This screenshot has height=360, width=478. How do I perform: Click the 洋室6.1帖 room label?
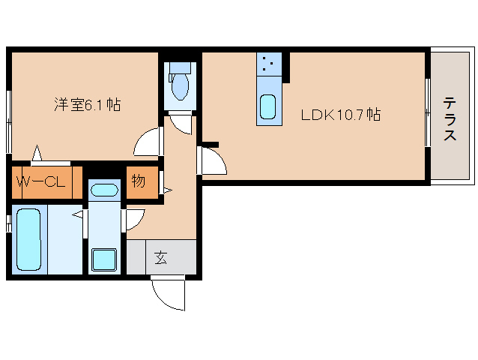[x=88, y=105]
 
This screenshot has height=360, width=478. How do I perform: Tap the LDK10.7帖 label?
[x=340, y=115]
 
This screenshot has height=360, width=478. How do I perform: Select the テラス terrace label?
[x=450, y=118]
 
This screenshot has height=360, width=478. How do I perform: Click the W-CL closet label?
[x=41, y=182]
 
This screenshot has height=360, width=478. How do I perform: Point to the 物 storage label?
[x=139, y=181]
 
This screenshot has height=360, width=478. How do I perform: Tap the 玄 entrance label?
[x=160, y=258]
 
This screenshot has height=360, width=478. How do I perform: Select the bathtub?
[x=29, y=239]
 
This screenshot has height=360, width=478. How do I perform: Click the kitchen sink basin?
[x=268, y=106]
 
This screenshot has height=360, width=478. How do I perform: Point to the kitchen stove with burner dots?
[x=269, y=64]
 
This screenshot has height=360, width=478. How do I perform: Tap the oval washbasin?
[x=105, y=190]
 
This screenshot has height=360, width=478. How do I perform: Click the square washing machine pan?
[x=104, y=259]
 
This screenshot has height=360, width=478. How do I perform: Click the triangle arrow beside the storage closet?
[x=167, y=190]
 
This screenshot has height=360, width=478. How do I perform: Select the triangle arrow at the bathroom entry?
[x=78, y=214]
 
